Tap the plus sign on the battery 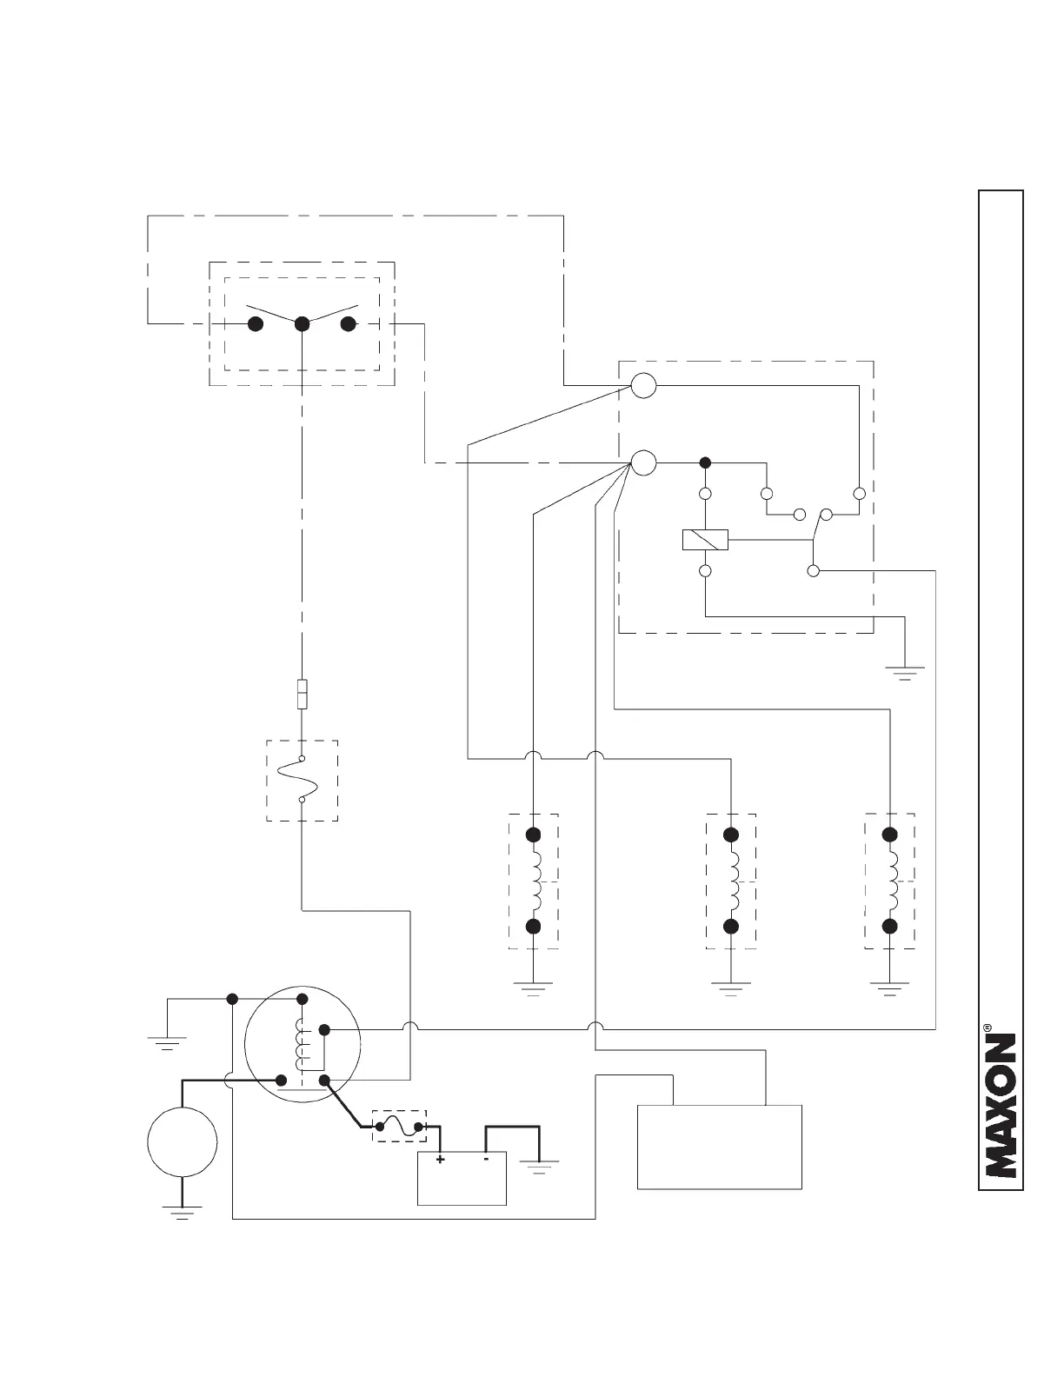pyautogui.click(x=440, y=1160)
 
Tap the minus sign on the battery pyautogui.click(x=486, y=1159)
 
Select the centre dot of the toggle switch pyautogui.click(x=303, y=324)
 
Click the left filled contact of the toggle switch pyautogui.click(x=256, y=324)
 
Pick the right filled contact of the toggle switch pyautogui.click(x=349, y=324)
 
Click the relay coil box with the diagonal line pyautogui.click(x=705, y=540)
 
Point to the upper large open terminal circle pyautogui.click(x=643, y=385)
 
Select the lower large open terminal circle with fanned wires pyautogui.click(x=643, y=462)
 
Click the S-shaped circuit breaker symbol pyautogui.click(x=301, y=780)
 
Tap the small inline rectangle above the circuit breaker pyautogui.click(x=302, y=695)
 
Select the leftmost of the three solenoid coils pyautogui.click(x=535, y=880)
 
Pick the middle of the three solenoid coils pyautogui.click(x=731, y=880)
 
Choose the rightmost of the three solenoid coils pyautogui.click(x=889, y=880)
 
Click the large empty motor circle pyautogui.click(x=182, y=1142)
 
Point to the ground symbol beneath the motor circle pyautogui.click(x=182, y=1212)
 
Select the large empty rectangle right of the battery pyautogui.click(x=720, y=1147)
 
